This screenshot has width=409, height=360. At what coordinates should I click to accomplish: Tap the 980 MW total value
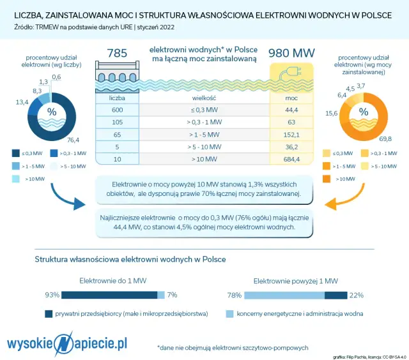click(x=291, y=53)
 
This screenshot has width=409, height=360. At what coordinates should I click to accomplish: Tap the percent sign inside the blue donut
click(x=51, y=111)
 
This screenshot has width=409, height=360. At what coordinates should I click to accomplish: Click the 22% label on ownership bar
click(x=357, y=295)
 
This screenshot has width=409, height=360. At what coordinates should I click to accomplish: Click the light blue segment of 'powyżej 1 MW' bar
click(x=284, y=295)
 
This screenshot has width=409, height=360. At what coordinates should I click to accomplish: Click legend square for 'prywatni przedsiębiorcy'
click(x=49, y=314)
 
